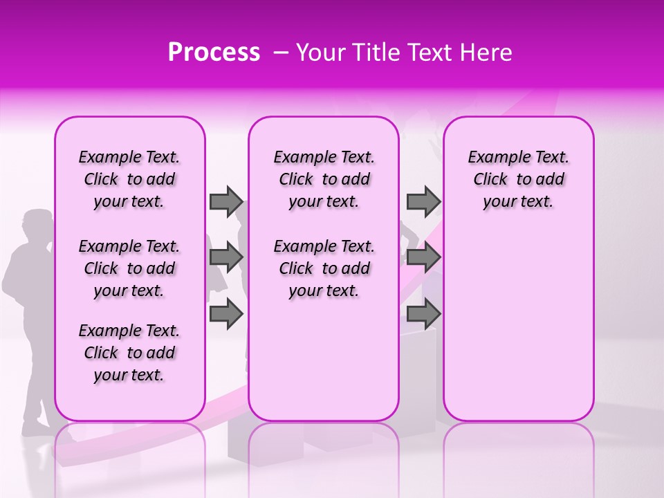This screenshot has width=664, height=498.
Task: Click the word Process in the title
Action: [213, 53]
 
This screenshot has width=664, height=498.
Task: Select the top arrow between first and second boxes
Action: [226, 201]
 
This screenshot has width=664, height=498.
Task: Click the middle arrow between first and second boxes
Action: [226, 257]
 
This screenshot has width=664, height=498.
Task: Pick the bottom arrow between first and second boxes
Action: [226, 314]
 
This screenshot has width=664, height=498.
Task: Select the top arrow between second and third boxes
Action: [423, 201]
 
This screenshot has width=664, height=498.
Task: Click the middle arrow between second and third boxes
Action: [423, 257]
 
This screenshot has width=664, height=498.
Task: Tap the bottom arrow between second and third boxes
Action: [423, 314]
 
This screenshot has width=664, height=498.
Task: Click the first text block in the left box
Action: [129, 179]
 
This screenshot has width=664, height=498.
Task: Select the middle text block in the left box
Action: [129, 268]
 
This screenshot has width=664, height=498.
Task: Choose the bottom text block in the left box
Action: [129, 353]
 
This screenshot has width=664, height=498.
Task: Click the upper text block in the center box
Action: [324, 179]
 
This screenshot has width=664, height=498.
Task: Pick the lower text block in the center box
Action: [324, 268]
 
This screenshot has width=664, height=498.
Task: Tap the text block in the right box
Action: [518, 179]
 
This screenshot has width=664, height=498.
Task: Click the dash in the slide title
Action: [281, 53]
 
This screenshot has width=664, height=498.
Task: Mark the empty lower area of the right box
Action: [518, 325]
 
